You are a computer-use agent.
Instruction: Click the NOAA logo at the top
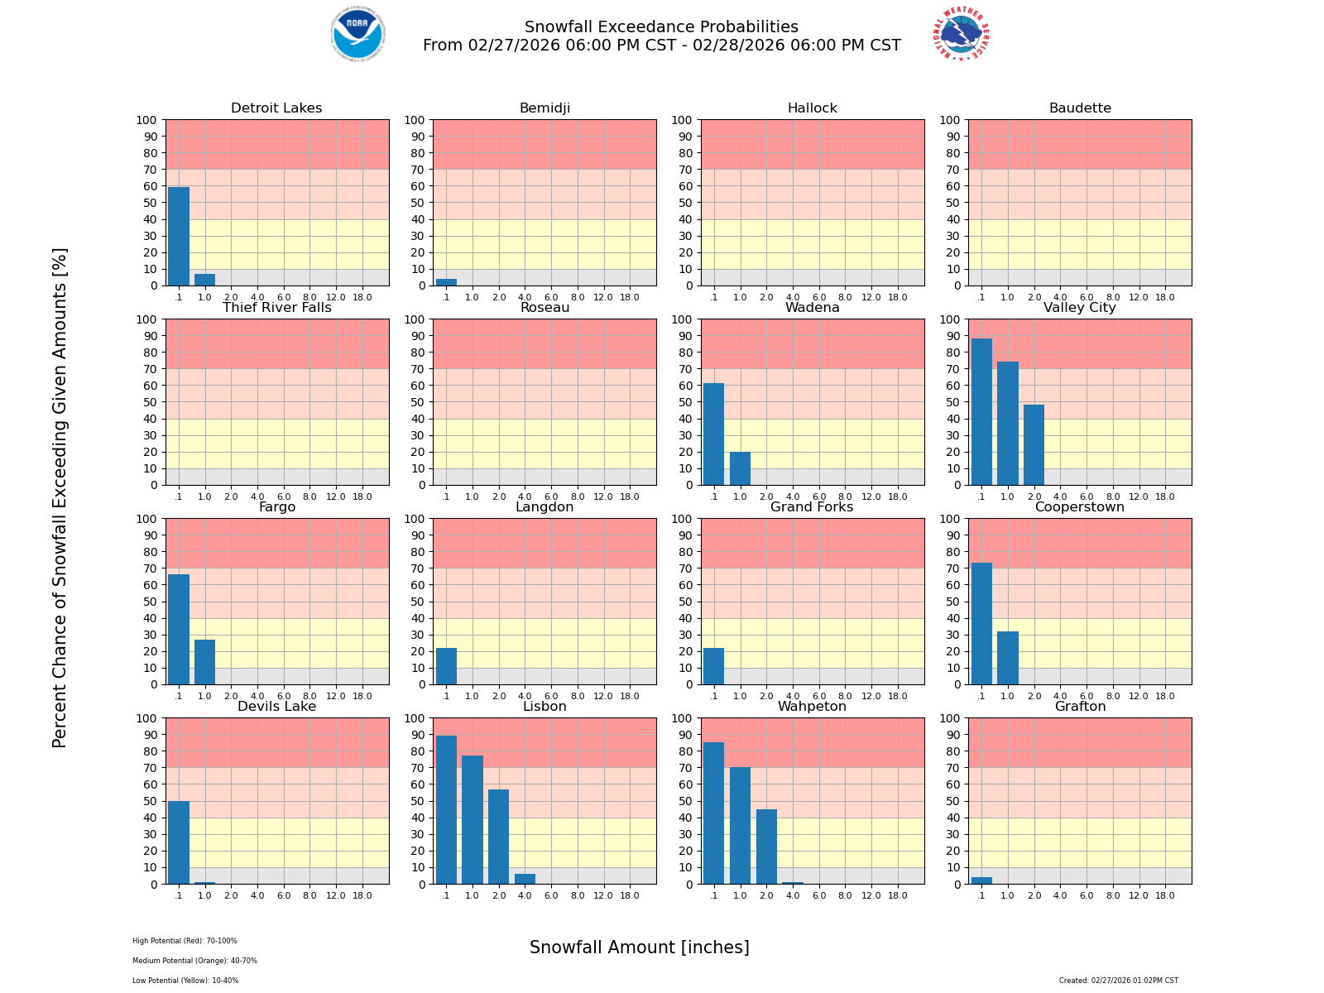357,34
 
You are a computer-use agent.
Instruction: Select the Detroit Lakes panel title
276,108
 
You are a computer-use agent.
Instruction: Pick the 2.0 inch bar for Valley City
1034,444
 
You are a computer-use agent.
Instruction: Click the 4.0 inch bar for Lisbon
525,879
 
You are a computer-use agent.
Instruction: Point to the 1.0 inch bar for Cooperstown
1007,658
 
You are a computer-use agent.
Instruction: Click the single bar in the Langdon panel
446,666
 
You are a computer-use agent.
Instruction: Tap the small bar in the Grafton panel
981,880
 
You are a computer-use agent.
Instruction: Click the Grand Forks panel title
812,507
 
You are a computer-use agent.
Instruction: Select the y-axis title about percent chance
60,497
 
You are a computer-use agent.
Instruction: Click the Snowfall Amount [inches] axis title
639,947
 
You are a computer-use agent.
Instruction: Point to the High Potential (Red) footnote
185,941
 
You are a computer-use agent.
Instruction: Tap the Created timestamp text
1118,981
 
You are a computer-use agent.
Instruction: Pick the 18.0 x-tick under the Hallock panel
897,297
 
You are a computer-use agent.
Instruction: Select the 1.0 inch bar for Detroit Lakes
205,280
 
